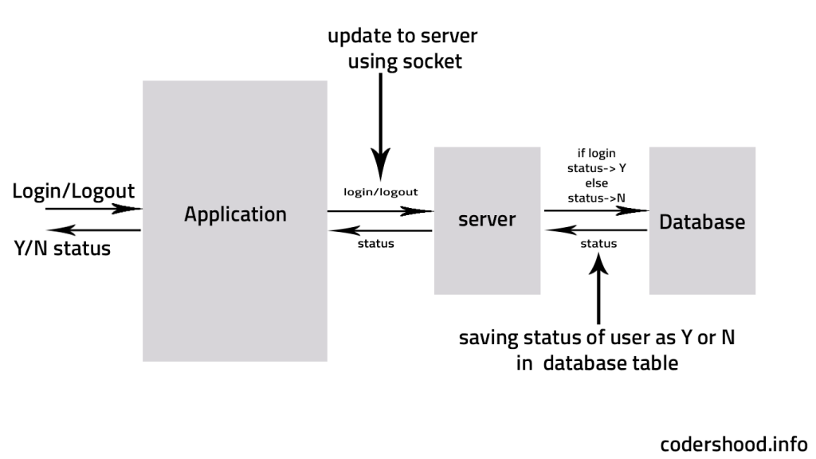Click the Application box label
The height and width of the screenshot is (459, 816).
pyautogui.click(x=235, y=214)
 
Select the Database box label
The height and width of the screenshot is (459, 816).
pyautogui.click(x=702, y=222)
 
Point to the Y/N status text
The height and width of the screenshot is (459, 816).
pyautogui.click(x=62, y=249)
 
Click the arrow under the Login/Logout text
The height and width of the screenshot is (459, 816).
pyautogui.click(x=93, y=210)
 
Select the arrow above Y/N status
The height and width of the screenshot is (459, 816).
pyautogui.click(x=93, y=230)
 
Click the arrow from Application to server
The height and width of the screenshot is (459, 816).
pyautogui.click(x=379, y=211)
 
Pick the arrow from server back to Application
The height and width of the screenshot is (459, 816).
pyautogui.click(x=379, y=231)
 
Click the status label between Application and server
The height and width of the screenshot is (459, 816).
pyautogui.click(x=377, y=244)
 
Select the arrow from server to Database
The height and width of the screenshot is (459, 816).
pyautogui.click(x=595, y=211)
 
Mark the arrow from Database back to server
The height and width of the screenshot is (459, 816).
pyautogui.click(x=595, y=231)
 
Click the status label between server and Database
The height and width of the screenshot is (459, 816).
pyautogui.click(x=598, y=244)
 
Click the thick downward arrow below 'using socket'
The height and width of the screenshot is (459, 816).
pyautogui.click(x=381, y=127)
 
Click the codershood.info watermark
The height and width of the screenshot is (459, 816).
pyautogui.click(x=733, y=443)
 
